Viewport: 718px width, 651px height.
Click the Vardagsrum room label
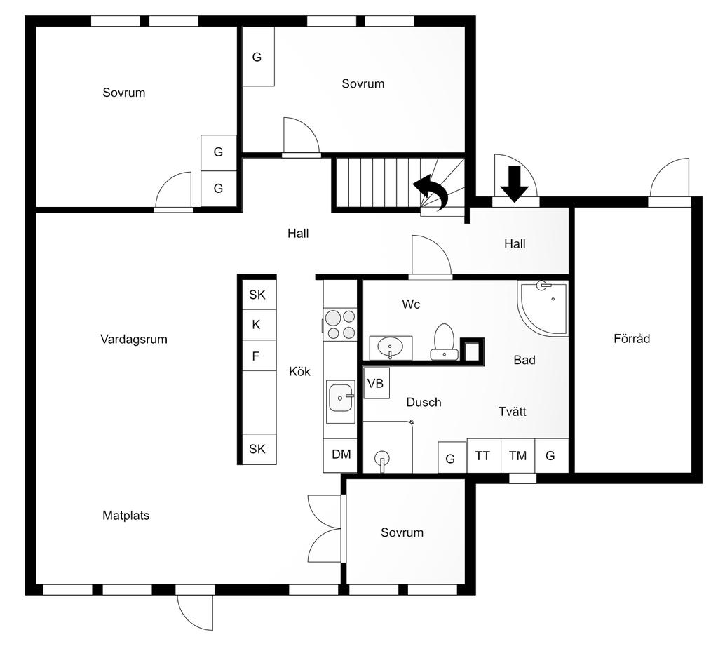click(x=134, y=340)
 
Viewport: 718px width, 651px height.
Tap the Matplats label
click(x=126, y=516)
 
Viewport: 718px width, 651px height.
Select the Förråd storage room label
click(x=632, y=339)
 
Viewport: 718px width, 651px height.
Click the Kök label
click(x=299, y=372)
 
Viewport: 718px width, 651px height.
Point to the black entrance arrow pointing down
click(x=515, y=183)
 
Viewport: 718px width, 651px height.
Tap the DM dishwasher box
click(x=341, y=455)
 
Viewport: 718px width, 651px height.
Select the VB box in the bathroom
click(x=376, y=383)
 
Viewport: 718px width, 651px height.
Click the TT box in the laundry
click(x=482, y=456)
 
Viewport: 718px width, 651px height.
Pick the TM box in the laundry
click(x=517, y=456)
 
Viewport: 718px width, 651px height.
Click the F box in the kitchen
click(x=256, y=356)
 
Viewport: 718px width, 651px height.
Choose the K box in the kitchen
click(x=256, y=325)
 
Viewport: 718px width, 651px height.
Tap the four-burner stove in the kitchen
click(x=341, y=325)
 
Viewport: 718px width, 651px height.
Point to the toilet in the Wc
click(x=444, y=340)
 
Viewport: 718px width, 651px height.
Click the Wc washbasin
click(x=390, y=347)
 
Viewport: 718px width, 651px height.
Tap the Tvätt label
click(x=513, y=412)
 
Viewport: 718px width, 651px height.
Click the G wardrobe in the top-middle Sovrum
click(x=257, y=58)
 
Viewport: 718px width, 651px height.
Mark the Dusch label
click(x=424, y=403)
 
